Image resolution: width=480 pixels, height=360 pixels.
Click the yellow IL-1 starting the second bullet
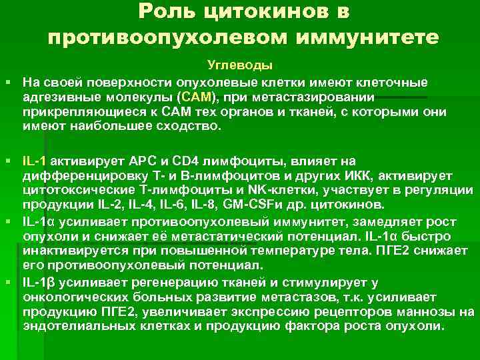pos(35,161)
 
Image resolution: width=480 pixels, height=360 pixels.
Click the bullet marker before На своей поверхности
pos(8,82)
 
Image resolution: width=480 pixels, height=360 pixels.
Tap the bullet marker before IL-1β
pos(8,283)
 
